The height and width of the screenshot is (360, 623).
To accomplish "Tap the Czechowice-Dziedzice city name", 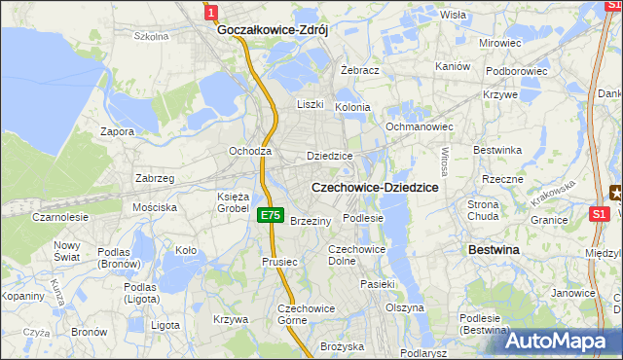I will coord(374,186).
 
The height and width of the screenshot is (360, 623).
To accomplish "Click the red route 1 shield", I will coord(211,11).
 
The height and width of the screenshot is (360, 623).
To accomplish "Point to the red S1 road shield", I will coord(601,214).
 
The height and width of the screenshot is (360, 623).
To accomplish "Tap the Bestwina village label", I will coord(494,250).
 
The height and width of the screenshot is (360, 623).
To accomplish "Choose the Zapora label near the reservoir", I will coord(118,131).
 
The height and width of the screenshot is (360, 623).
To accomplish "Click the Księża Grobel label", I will coord(233,202).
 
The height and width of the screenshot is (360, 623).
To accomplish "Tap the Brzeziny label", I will coord(311,221).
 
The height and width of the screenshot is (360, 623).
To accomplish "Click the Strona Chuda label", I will coord(483,210).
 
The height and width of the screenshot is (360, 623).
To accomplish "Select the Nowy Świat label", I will coord(67,251).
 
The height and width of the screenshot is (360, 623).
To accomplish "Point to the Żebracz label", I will coord(359,71).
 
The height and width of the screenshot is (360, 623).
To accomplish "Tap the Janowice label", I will coord(573,293).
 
